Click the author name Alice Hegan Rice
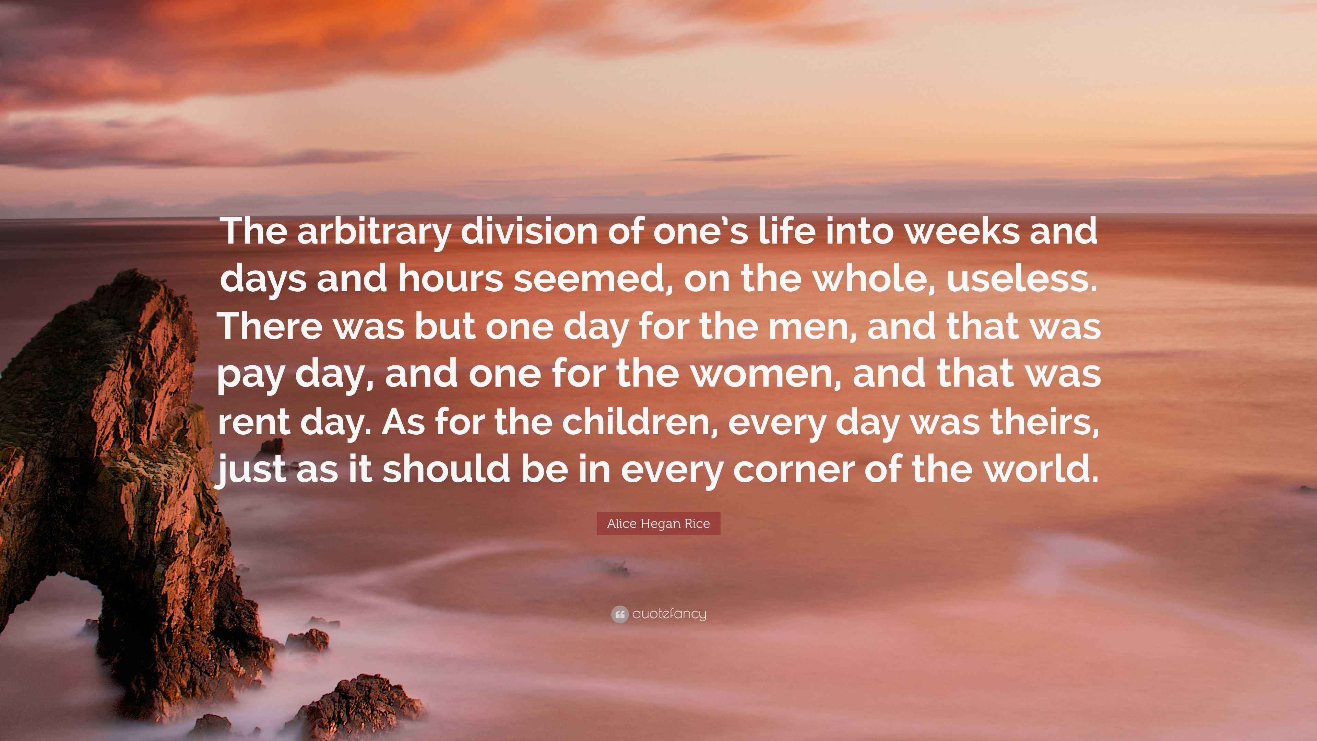tap(658, 524)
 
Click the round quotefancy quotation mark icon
tap(620, 614)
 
